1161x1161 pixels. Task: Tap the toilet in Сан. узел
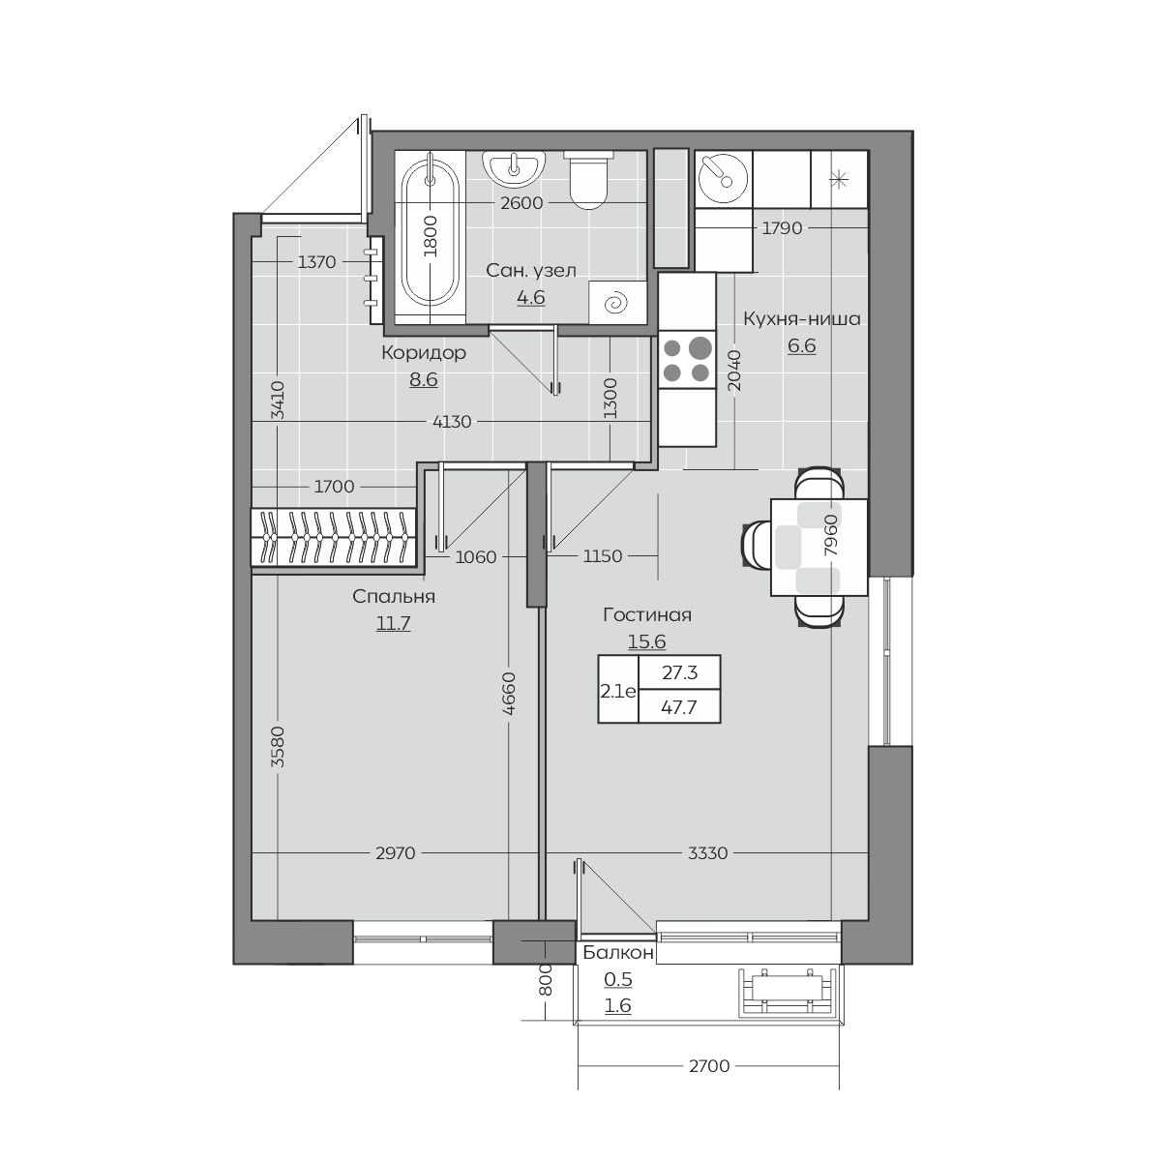(587, 180)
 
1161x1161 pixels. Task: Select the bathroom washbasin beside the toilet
(514, 169)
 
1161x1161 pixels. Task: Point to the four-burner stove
(687, 360)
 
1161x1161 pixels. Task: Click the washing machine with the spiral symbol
(617, 303)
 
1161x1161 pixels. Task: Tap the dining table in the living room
(819, 547)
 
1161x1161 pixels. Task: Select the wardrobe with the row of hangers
(334, 537)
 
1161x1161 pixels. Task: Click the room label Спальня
(394, 597)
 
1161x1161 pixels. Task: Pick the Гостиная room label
(647, 614)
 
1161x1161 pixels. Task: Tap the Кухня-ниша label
(802, 318)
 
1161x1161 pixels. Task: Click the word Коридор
(424, 353)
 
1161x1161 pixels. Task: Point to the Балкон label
(618, 952)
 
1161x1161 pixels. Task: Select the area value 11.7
(394, 623)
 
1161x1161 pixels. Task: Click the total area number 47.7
(679, 706)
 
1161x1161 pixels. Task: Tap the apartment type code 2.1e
(618, 691)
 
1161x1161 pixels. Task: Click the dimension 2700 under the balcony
(709, 1066)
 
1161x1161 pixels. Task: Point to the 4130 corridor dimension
(452, 422)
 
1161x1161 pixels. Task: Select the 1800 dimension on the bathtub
(431, 236)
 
